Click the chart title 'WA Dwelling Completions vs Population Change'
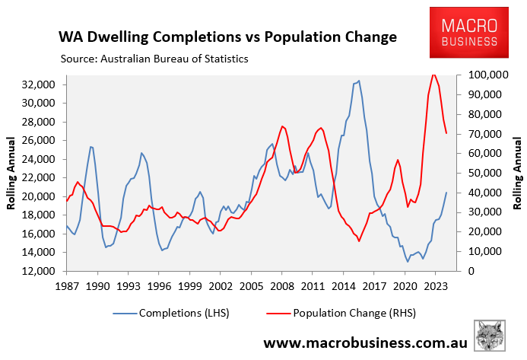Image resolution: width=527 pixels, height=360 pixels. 227,36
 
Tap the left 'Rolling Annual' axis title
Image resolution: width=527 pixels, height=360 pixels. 13,173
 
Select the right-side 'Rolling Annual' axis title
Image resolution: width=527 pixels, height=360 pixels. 517,173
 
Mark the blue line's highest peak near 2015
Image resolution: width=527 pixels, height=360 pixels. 358,81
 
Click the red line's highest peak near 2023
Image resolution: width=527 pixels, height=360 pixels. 433,75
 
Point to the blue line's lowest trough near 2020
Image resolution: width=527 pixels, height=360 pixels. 408,261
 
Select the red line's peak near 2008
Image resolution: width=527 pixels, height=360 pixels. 282,126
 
